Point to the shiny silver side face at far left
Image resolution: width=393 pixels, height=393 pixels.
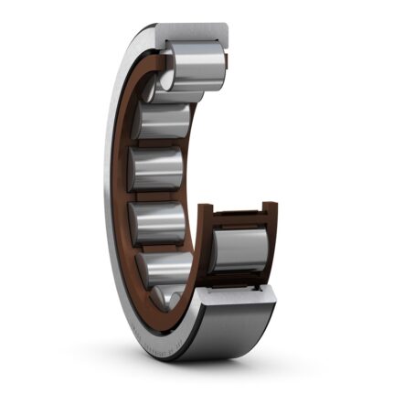pyautogui.click(x=114, y=183)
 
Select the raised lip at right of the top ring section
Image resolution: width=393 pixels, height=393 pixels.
pyautogui.click(x=222, y=37)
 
